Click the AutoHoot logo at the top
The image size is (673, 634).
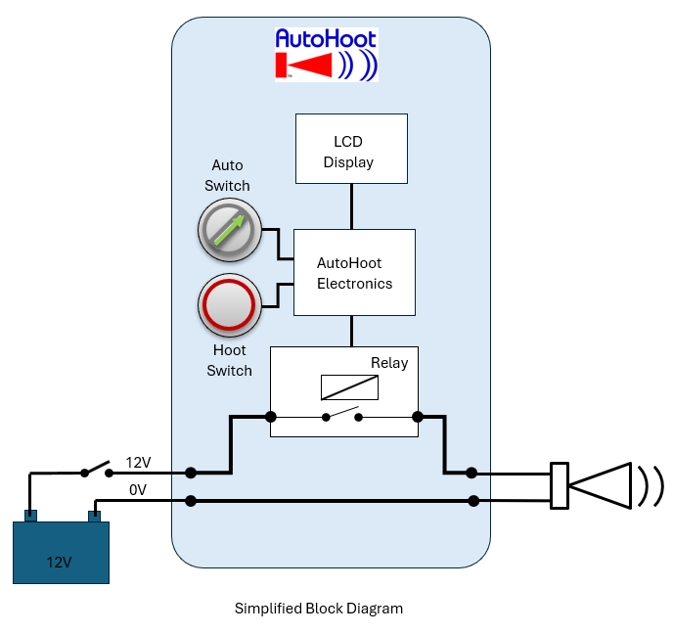coord(326,54)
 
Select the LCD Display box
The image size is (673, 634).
coord(351,149)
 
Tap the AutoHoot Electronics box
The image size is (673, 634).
coord(354,272)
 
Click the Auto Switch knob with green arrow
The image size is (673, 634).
coord(229,229)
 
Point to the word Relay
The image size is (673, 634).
coord(388,363)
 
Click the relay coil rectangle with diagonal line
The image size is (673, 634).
coord(348,388)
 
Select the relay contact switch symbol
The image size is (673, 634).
coord(342,417)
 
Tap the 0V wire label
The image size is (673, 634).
coord(137,490)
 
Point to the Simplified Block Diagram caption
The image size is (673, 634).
coord(319,608)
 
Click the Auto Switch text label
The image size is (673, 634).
coord(228,175)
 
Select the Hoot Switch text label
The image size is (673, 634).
coord(230,360)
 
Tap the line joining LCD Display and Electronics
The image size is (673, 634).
coord(351,205)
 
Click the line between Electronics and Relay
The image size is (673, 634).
coord(351,331)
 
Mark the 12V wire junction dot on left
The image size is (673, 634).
coord(191,473)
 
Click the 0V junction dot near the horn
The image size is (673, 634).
coord(473,501)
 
